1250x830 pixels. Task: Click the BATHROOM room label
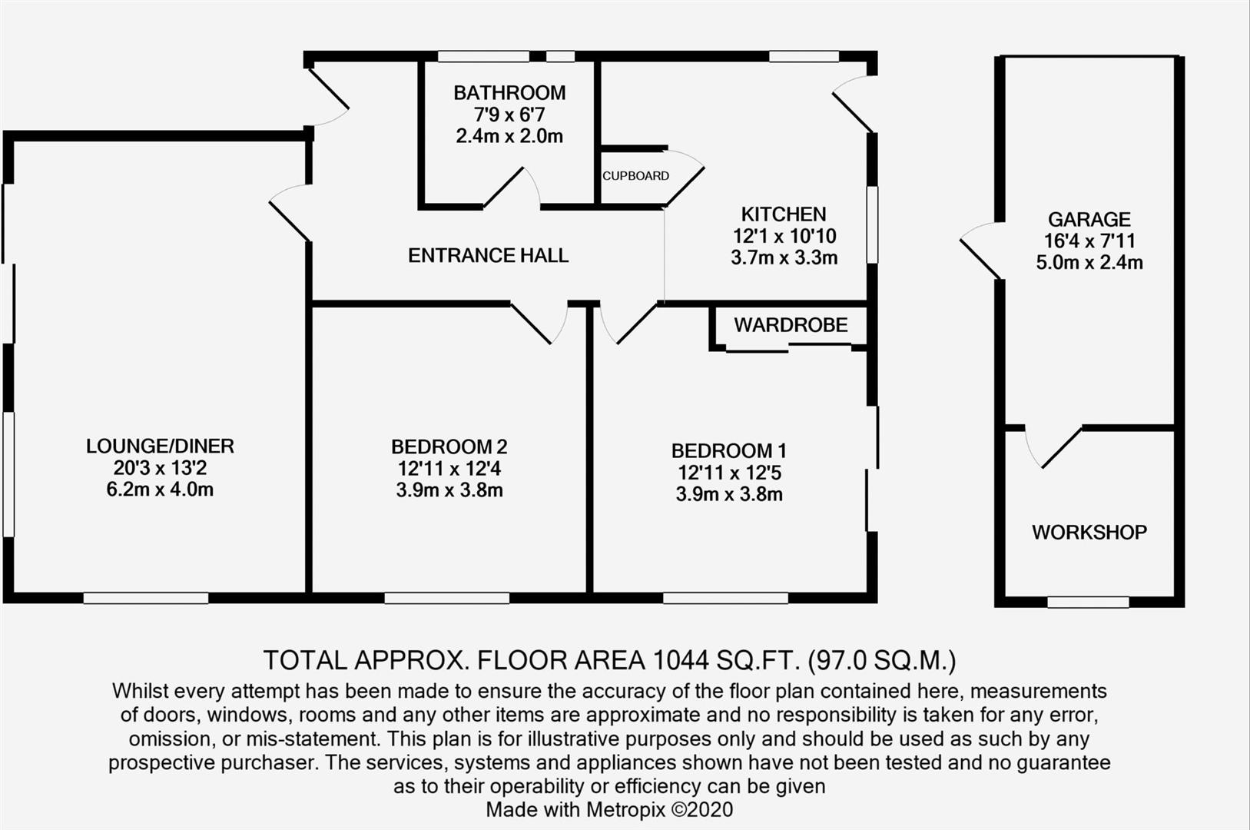(x=509, y=93)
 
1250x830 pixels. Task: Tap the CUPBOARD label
(x=635, y=176)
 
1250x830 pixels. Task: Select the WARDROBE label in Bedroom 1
(x=791, y=325)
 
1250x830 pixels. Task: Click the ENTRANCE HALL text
(x=488, y=256)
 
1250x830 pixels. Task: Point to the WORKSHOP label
(x=1089, y=533)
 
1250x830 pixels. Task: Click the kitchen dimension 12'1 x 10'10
(x=784, y=236)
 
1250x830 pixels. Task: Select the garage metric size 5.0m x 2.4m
(x=1089, y=263)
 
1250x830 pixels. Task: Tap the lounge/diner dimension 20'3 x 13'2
(x=160, y=468)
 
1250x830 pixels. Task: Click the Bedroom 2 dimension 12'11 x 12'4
(x=449, y=469)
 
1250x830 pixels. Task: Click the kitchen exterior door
(x=854, y=104)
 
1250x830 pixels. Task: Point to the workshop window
(x=1088, y=602)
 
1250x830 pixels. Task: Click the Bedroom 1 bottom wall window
(x=725, y=598)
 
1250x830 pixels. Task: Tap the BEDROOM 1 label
(x=728, y=451)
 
